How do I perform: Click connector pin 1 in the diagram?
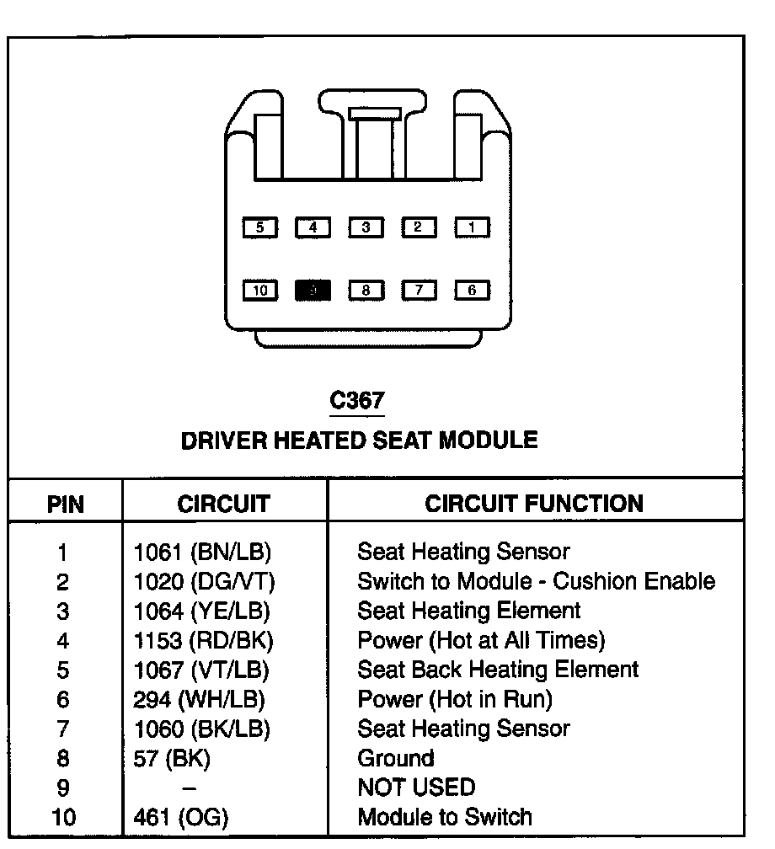pyautogui.click(x=473, y=227)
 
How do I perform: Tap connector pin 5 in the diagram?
pyautogui.click(x=259, y=227)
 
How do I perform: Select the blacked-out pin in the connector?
pyautogui.click(x=313, y=291)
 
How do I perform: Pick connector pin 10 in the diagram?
pyautogui.click(x=259, y=291)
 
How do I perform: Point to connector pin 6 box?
pyautogui.click(x=473, y=291)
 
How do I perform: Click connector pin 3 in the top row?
pyautogui.click(x=366, y=227)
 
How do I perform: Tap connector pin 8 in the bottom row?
pyautogui.click(x=366, y=291)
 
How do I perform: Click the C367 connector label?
pyautogui.click(x=356, y=401)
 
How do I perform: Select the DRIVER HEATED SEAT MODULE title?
pyautogui.click(x=359, y=440)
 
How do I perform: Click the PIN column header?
pyautogui.click(x=65, y=505)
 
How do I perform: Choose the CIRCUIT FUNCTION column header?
pyautogui.click(x=533, y=504)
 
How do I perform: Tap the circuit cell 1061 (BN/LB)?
pyautogui.click(x=203, y=553)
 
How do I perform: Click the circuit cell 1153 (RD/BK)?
pyautogui.click(x=203, y=641)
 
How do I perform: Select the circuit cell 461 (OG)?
pyautogui.click(x=181, y=817)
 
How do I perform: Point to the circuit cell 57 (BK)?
pyautogui.click(x=172, y=758)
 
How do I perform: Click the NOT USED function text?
pyautogui.click(x=416, y=788)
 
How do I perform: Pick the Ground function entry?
pyautogui.click(x=396, y=758)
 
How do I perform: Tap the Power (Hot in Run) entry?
pyautogui.click(x=455, y=699)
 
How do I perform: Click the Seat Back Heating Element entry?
pyautogui.click(x=498, y=670)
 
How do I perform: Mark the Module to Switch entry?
pyautogui.click(x=445, y=817)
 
